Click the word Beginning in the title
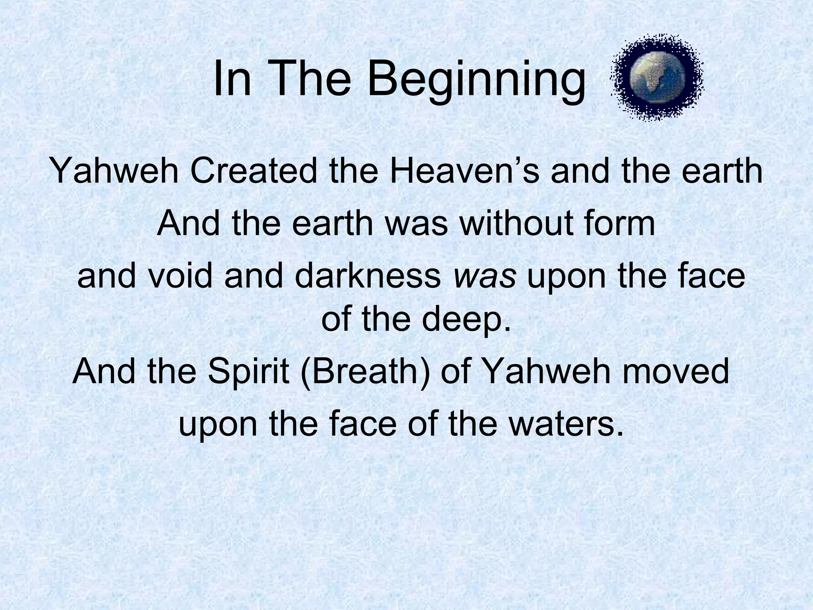coord(476,81)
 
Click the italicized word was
coord(485,276)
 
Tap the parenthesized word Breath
coord(365,373)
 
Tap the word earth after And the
coord(333,223)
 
